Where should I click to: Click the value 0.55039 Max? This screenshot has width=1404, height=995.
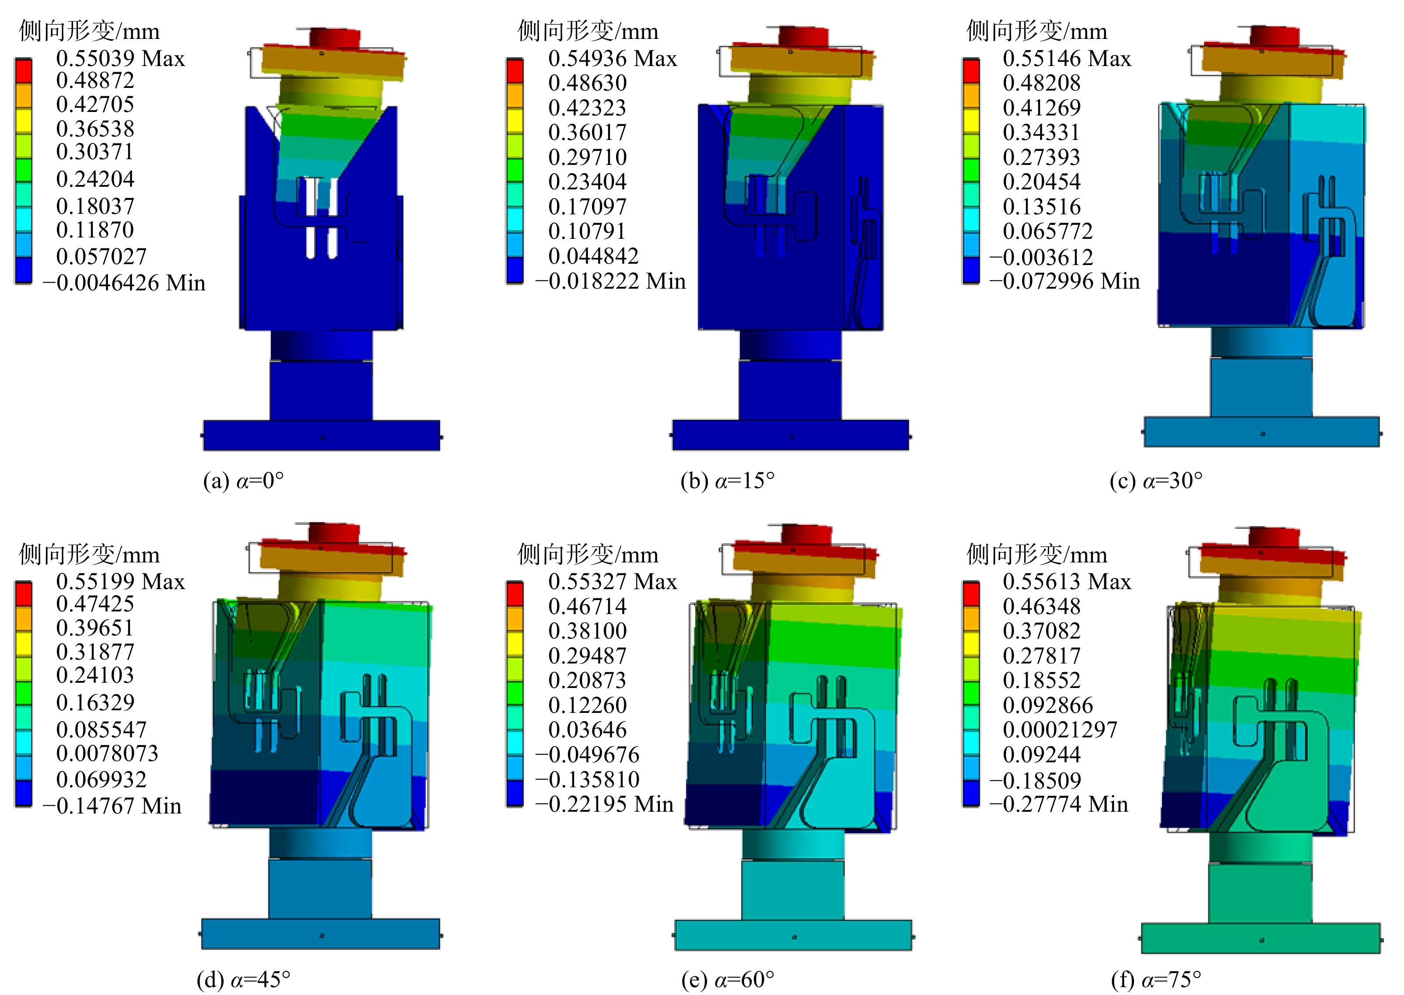point(120,58)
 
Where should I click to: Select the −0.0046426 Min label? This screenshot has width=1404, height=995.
point(124,283)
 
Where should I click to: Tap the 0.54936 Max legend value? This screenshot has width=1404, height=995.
point(612,58)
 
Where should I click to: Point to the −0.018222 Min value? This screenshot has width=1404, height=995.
point(610,281)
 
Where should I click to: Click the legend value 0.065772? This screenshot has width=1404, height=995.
point(1047,231)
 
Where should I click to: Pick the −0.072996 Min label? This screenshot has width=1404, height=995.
point(1064,281)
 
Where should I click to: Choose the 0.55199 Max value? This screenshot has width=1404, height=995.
point(120,581)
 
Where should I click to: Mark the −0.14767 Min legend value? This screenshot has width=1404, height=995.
point(112,805)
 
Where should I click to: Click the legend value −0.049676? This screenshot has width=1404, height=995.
point(587,754)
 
